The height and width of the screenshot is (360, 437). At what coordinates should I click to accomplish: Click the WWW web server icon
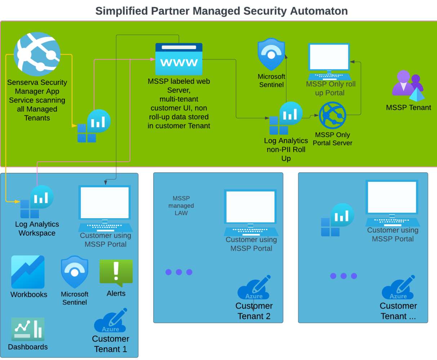pos(179,59)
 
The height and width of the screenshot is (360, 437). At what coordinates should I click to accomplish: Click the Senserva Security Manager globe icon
pos(37,54)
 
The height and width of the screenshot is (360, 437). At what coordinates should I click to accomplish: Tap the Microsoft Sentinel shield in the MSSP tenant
pos(271,55)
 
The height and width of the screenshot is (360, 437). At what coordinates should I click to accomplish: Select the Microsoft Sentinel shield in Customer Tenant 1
pos(75,272)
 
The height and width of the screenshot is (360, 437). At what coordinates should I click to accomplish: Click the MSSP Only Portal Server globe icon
pos(332,115)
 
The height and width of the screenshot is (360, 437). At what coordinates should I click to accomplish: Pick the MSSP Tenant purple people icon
pos(408,86)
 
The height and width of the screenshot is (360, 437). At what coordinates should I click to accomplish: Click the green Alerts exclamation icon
pos(116,273)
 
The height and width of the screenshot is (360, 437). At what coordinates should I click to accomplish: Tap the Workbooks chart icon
pos(28,272)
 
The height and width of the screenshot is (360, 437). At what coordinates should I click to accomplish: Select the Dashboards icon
pos(28,329)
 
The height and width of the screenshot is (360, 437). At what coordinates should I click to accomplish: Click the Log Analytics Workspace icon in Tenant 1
pos(37,202)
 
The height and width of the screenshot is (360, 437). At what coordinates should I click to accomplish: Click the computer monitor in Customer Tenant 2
pos(251,212)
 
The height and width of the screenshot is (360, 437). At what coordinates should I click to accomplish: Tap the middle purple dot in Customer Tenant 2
pos(179,272)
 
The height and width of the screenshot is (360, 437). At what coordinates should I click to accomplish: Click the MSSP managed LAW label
pos(181,206)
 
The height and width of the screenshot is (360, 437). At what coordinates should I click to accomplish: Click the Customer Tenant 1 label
pos(110,344)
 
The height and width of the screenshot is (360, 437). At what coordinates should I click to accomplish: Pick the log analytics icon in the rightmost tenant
pos(337,220)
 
